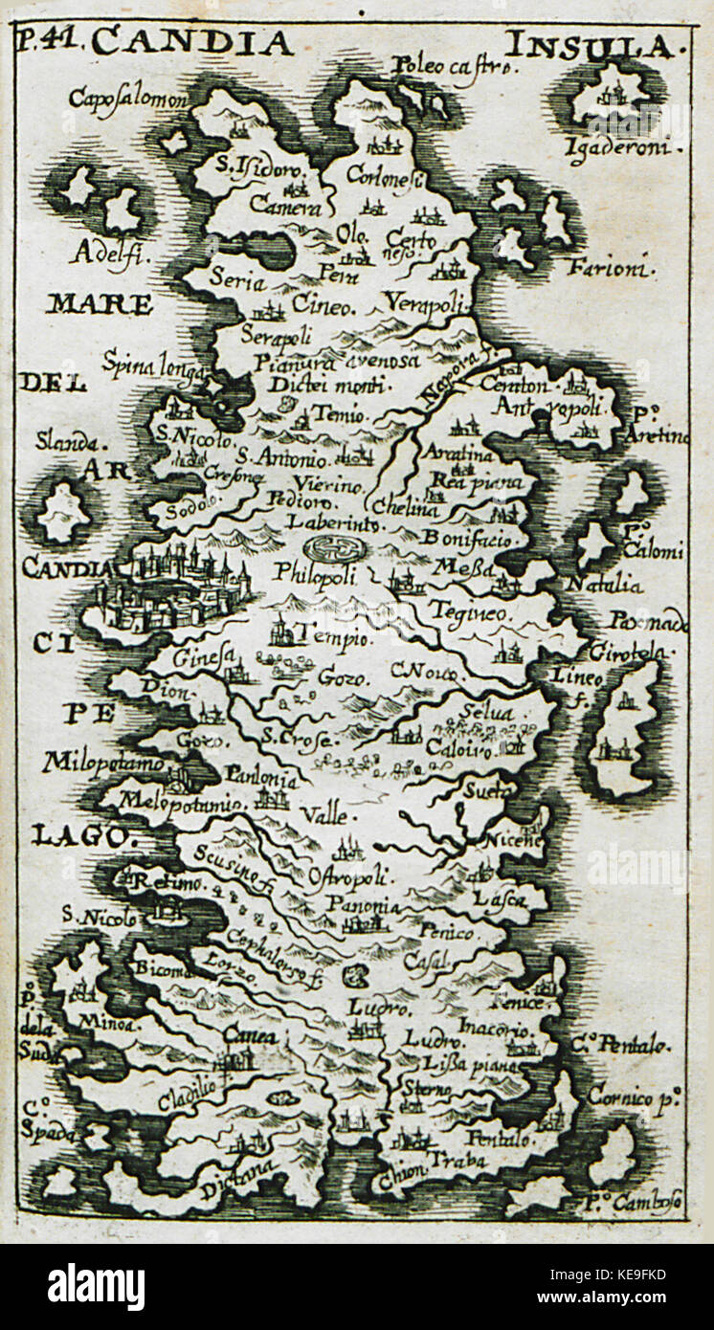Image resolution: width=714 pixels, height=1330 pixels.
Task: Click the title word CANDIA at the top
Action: [193, 42]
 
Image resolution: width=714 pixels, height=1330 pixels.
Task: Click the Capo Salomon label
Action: [129, 99]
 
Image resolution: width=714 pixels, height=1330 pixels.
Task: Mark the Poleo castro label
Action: [454, 67]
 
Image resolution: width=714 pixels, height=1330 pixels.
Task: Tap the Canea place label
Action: [252, 1035]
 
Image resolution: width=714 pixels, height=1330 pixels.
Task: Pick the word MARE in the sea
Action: [99, 305]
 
